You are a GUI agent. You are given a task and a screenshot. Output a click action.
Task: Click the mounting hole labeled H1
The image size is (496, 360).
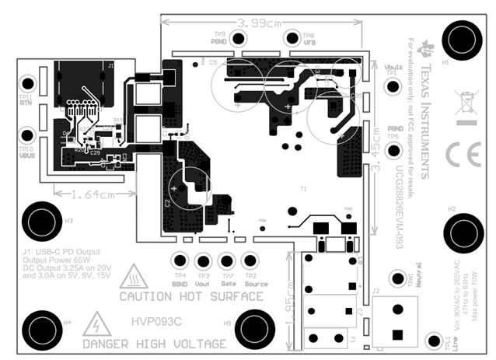459,40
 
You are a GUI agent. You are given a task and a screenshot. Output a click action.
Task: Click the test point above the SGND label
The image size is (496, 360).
181,260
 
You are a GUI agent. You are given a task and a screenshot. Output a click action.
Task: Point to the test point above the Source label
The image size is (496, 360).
250,260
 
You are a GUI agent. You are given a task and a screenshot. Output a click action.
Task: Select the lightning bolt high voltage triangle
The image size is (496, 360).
96,324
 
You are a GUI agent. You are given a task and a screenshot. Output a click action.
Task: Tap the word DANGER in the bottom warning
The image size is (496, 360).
110,343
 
